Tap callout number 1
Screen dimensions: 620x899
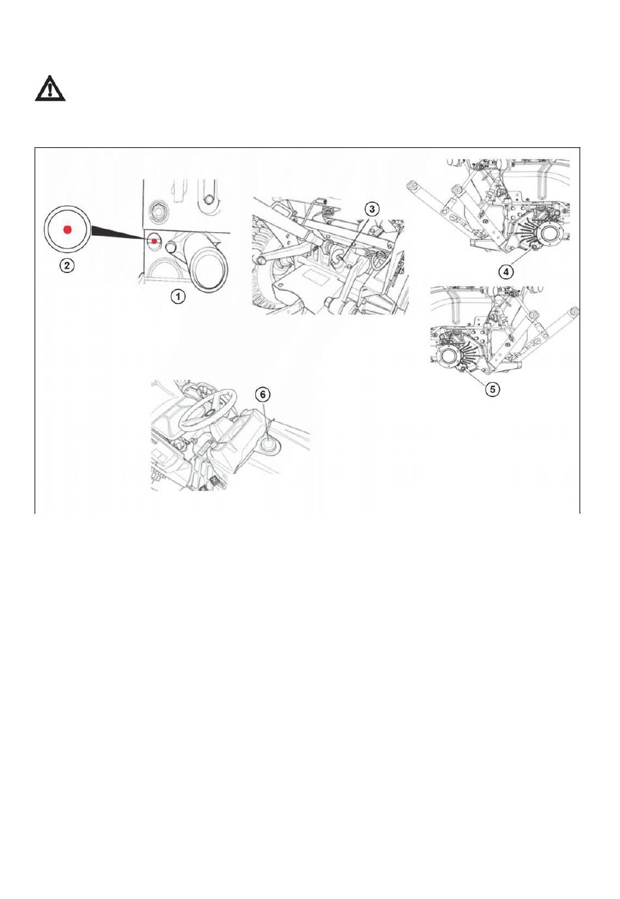click(178, 297)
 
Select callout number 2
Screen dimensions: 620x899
click(67, 265)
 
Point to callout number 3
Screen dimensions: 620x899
click(372, 209)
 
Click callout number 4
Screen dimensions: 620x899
click(506, 272)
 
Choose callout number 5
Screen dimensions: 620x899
click(492, 389)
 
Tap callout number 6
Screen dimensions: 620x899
click(263, 395)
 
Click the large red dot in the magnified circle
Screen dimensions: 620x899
click(67, 229)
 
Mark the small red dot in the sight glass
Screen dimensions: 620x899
click(154, 241)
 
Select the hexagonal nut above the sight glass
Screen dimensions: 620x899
click(156, 209)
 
